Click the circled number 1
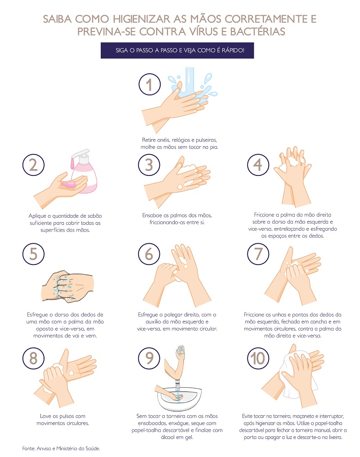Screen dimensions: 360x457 [149, 84]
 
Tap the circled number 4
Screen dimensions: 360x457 [258, 165]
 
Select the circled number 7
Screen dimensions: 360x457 [258, 254]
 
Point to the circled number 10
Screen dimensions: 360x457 [258, 358]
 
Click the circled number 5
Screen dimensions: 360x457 [33, 254]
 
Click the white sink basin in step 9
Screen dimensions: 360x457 [179, 398]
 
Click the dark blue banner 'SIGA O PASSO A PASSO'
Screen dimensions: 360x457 [177, 50]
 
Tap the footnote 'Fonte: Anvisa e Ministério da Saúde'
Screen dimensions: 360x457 [61, 448]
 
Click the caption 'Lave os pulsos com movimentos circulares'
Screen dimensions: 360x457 [63, 419]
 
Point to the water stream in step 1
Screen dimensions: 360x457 [189, 81]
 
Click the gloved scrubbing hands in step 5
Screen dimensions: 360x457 [67, 287]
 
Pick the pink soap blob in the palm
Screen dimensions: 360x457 [68, 184]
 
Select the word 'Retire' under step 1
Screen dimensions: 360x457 [149, 140]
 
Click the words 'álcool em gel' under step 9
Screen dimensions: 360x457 [177, 437]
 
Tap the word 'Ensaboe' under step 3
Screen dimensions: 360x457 [152, 215]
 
